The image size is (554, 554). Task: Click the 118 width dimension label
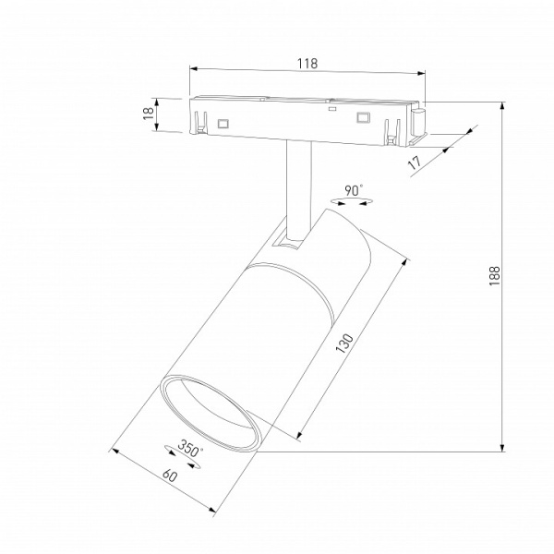tap(307, 64)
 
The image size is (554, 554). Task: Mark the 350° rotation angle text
tap(189, 451)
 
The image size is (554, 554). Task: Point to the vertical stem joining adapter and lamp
tap(298, 185)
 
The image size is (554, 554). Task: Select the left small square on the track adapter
tap(223, 121)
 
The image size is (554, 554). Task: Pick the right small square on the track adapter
tap(363, 117)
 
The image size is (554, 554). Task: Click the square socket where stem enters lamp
tap(288, 242)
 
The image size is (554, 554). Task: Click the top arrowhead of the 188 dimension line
tap(502, 105)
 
